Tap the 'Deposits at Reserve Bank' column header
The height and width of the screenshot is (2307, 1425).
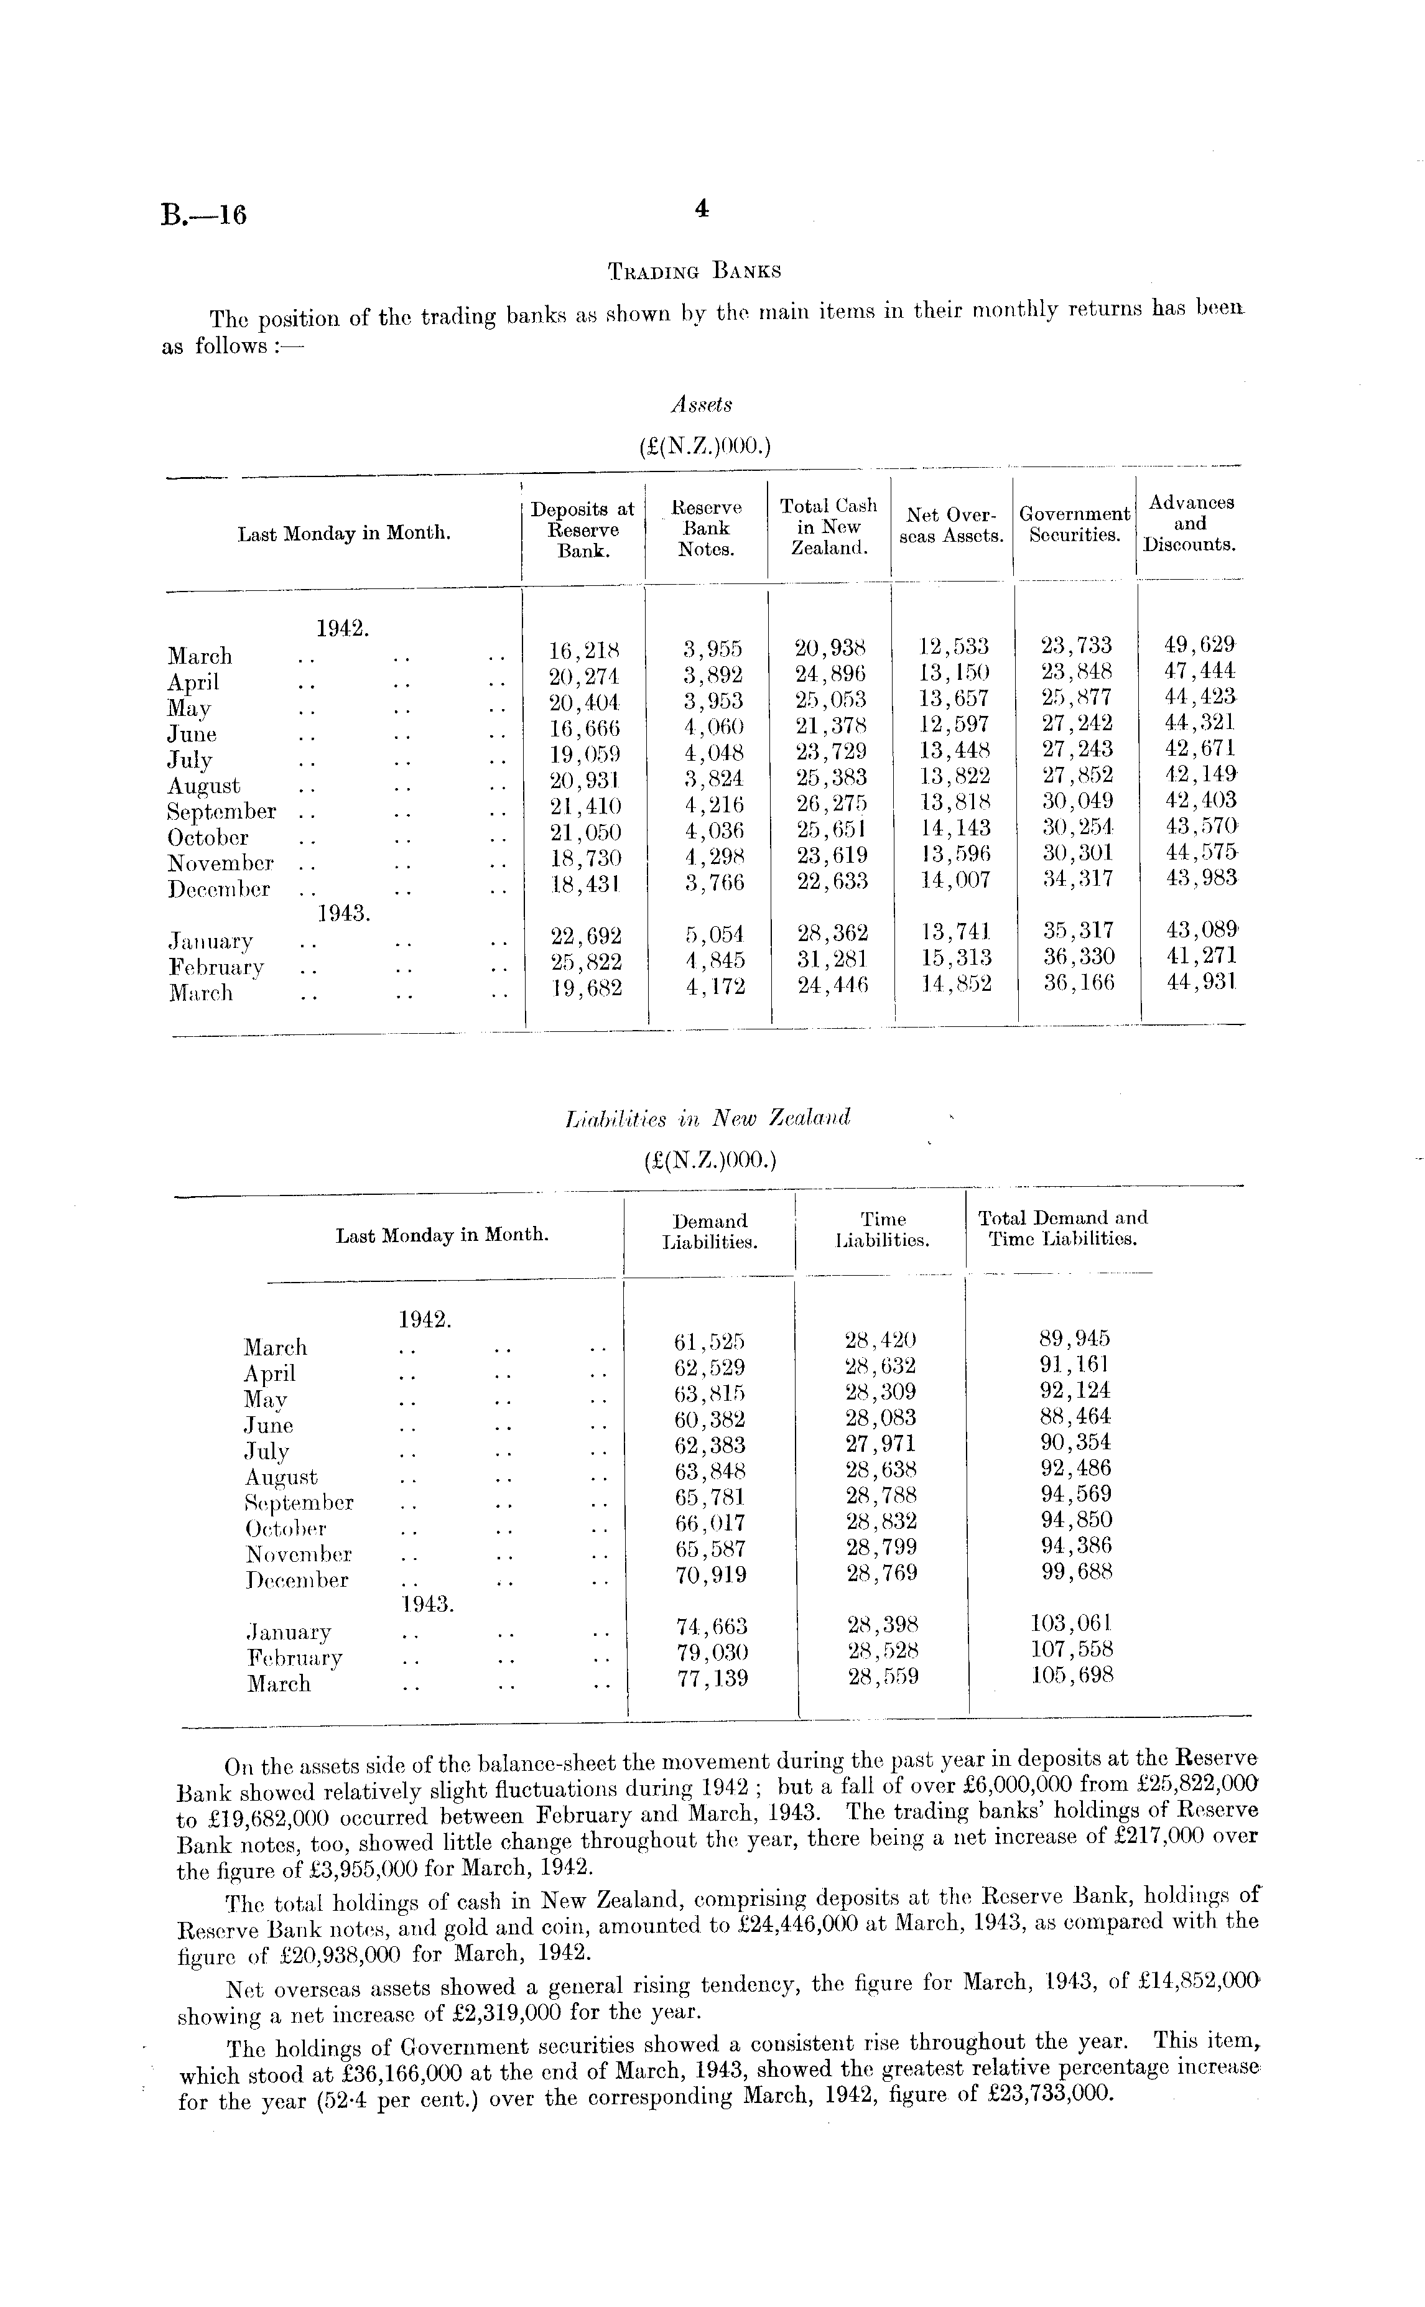tap(582, 529)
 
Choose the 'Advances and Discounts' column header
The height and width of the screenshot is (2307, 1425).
tap(1189, 524)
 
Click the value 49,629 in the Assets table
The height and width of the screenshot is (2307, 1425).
tap(1199, 646)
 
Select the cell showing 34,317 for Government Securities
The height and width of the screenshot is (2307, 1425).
tap(1075, 880)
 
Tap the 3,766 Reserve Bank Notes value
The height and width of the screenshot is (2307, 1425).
tap(713, 883)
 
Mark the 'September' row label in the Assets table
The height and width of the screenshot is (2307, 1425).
tap(221, 812)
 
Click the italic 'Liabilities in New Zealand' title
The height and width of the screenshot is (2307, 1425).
tap(707, 1118)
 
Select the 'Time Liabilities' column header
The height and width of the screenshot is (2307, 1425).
tap(882, 1230)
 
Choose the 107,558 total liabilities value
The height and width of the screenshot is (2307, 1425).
tap(1072, 1649)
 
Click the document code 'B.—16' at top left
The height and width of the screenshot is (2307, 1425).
tap(203, 216)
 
